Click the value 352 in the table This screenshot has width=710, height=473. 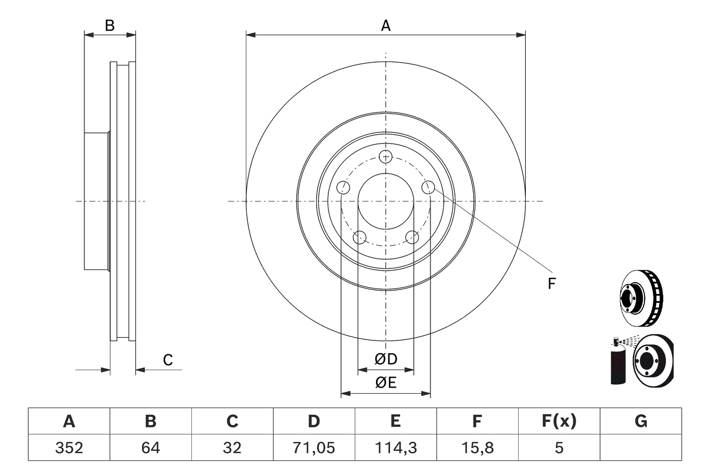click(x=69, y=447)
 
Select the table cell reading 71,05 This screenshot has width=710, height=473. click(x=314, y=447)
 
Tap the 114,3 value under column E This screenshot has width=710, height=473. click(x=395, y=447)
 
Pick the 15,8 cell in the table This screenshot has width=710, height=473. click(x=476, y=447)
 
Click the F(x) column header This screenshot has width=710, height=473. click(x=559, y=422)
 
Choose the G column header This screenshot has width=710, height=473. click(x=641, y=422)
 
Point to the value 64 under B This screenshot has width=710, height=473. click(x=150, y=447)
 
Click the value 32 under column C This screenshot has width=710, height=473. click(x=232, y=447)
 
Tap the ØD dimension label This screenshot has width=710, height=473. click(x=386, y=359)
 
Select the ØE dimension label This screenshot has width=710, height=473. click(x=386, y=383)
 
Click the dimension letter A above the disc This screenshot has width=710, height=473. click(x=386, y=26)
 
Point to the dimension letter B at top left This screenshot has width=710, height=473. click(x=110, y=26)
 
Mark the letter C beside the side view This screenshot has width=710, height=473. click(x=168, y=360)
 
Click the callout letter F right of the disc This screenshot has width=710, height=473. click(x=551, y=284)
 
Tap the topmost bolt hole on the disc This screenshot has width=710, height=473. click(x=386, y=156)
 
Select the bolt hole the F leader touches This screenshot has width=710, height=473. click(x=428, y=187)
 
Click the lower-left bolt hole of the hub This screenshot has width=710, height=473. click(x=360, y=238)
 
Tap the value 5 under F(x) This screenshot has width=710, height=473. click(x=559, y=447)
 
